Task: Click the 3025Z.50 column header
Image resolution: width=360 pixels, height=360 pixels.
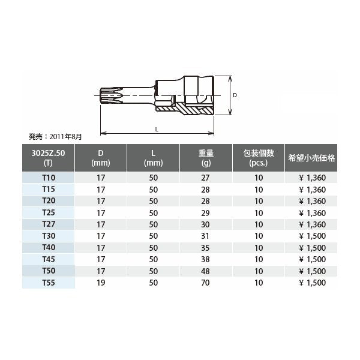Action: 48,158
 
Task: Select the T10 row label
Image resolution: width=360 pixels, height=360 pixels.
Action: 49,178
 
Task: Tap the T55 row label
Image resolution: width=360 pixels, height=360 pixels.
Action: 49,283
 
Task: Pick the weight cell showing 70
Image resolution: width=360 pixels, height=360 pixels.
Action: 205,283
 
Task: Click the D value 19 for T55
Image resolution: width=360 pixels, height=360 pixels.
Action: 101,283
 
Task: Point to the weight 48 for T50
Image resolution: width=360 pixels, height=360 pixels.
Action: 205,271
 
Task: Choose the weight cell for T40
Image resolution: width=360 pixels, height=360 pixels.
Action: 205,248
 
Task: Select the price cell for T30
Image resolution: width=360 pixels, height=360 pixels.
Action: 312,236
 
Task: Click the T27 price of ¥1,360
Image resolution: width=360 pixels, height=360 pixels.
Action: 312,224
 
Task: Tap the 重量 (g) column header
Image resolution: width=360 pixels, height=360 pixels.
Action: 206,158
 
